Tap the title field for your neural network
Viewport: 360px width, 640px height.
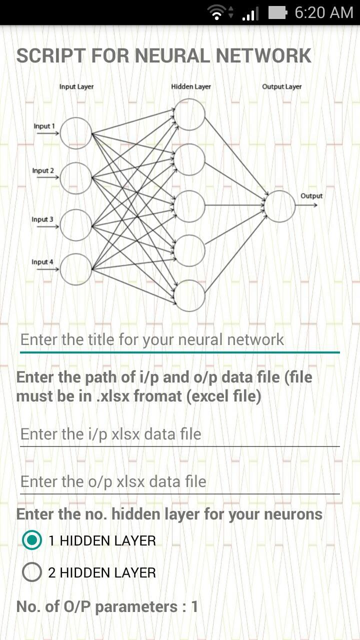(179, 340)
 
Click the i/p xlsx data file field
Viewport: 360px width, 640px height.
(179, 434)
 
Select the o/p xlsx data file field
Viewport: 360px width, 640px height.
(179, 481)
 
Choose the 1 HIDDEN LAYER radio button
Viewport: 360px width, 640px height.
(32, 540)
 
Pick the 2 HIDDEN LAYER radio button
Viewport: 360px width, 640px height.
(32, 572)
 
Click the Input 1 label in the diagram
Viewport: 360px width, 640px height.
(44, 126)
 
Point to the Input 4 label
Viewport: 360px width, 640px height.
(42, 262)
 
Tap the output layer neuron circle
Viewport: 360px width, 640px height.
(280, 206)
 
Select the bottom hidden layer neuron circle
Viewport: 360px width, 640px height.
(189, 295)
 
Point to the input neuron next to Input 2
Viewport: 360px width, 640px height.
(76, 178)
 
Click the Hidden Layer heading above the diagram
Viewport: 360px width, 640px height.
(191, 86)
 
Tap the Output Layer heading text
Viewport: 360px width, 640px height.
(282, 86)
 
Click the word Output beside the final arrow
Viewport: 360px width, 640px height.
(311, 196)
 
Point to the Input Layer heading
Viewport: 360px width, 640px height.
(76, 86)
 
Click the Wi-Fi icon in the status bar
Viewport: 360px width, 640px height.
(216, 12)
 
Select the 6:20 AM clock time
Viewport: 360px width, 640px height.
(324, 12)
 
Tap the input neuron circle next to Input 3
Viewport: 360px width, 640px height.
(76, 224)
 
